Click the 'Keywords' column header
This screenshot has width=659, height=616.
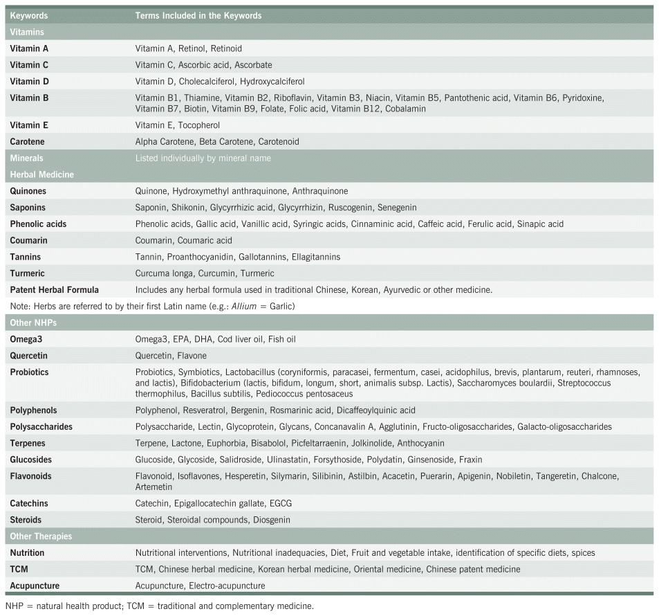28,15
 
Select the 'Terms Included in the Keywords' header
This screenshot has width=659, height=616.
198,15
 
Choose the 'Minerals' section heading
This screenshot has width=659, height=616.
26,158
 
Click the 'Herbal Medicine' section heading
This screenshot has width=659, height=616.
41,174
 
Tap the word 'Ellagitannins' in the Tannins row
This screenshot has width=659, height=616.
315,257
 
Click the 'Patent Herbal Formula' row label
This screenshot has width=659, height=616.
54,290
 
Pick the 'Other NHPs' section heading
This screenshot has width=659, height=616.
33,323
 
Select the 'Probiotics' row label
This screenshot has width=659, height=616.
29,372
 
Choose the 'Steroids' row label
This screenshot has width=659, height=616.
26,520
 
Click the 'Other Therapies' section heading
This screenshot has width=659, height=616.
41,536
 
